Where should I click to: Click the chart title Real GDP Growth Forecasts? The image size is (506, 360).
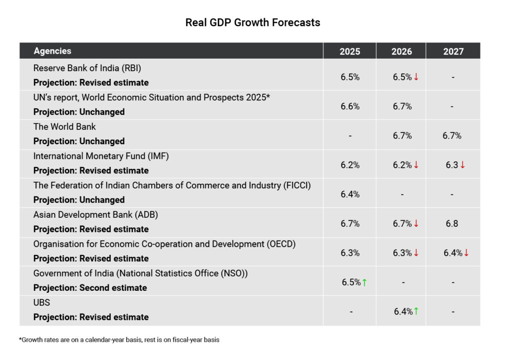point(253,23)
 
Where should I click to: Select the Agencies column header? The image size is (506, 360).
point(52,51)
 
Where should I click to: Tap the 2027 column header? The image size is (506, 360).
point(453,51)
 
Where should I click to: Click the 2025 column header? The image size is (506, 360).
point(350,51)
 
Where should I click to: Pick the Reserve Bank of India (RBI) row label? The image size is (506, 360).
point(87,68)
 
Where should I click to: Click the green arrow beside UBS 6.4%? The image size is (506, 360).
point(416,311)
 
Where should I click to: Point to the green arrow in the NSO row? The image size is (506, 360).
point(364,282)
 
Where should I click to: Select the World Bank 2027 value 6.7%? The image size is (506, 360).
point(452,135)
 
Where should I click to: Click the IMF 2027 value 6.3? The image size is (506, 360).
point(452,165)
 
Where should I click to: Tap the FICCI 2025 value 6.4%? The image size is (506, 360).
point(350,194)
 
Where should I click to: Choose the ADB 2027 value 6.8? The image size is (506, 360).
point(452,223)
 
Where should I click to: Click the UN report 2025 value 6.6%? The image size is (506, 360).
point(350,106)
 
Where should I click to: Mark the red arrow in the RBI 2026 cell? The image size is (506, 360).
point(416,77)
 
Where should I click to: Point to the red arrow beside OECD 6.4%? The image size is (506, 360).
point(466,253)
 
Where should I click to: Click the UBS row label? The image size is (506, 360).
point(42,302)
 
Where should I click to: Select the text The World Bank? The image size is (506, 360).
point(65,127)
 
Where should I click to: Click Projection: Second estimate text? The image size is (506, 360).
point(90,287)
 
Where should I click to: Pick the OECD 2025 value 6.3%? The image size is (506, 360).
point(350,253)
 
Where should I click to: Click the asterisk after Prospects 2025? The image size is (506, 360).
point(268,96)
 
